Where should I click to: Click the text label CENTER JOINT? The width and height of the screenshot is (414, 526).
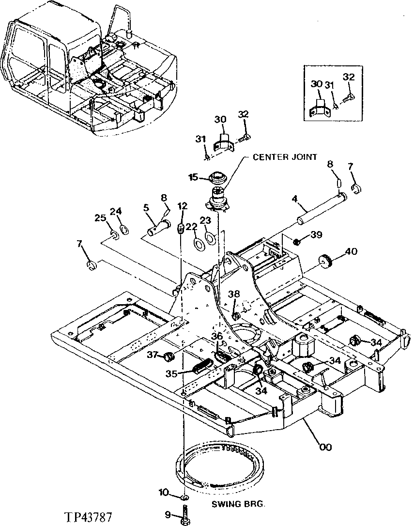click(285, 156)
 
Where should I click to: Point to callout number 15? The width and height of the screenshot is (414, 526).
click(193, 178)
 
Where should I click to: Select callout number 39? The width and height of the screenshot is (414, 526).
click(316, 234)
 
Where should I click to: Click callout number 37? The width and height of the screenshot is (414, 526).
click(153, 355)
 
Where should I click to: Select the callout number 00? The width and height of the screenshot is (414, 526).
click(325, 447)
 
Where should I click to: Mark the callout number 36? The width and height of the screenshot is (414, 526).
click(217, 336)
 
